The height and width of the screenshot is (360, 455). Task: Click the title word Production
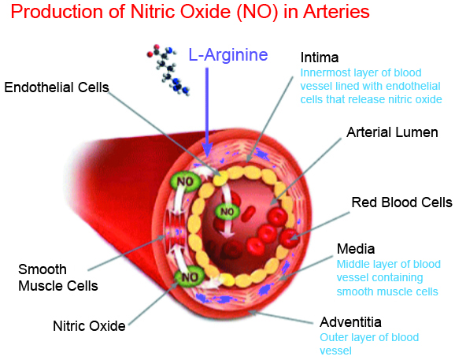point(57,12)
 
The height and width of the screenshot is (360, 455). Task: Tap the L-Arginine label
point(228,54)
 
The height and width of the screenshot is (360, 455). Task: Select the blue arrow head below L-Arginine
point(207,150)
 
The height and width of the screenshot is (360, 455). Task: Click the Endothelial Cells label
point(57,87)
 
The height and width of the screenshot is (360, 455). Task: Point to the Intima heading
point(320,58)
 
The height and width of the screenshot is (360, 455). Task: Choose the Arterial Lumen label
point(392,132)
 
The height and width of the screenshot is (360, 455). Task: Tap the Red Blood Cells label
point(402,202)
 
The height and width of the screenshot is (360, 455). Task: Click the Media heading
point(356,249)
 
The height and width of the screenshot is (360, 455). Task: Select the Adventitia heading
point(350,322)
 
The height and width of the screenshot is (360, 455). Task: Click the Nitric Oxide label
point(89,326)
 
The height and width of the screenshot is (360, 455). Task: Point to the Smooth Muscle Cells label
point(58,277)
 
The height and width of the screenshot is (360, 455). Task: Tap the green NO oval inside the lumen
point(227,212)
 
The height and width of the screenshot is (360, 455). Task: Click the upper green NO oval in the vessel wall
point(186,182)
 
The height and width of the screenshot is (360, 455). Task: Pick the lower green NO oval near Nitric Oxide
point(190,277)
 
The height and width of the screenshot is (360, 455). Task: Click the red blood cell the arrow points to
point(290,238)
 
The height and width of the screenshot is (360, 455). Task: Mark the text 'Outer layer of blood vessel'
point(369,344)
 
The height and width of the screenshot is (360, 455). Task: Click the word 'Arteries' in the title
point(336,12)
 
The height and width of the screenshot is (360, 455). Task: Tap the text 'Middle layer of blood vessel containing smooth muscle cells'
point(389,278)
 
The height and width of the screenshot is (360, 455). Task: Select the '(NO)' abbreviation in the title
point(258,12)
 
